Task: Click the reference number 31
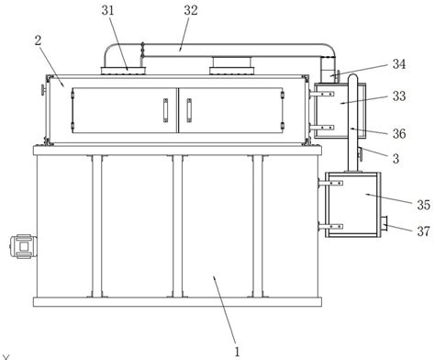click(107, 10)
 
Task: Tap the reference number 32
click(191, 10)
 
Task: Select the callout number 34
click(399, 64)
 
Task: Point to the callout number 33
click(399, 96)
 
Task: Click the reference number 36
click(399, 134)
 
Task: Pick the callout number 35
click(424, 205)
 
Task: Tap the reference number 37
click(424, 231)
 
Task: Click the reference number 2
click(38, 40)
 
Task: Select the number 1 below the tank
click(237, 352)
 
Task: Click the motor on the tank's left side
click(23, 246)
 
